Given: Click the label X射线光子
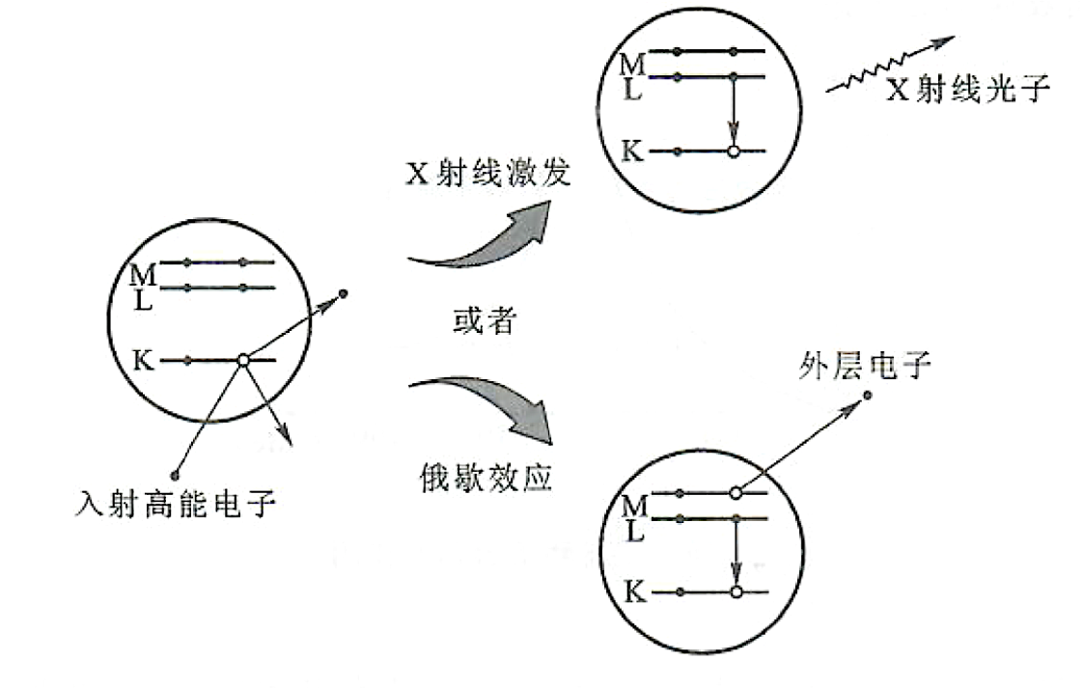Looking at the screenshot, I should tap(967, 91).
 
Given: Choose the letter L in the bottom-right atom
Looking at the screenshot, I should tap(634, 528).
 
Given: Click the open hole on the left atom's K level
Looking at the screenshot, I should tap(243, 360).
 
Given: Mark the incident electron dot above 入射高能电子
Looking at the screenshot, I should tap(174, 473).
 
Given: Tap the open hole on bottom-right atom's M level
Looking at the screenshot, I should tap(736, 493).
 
